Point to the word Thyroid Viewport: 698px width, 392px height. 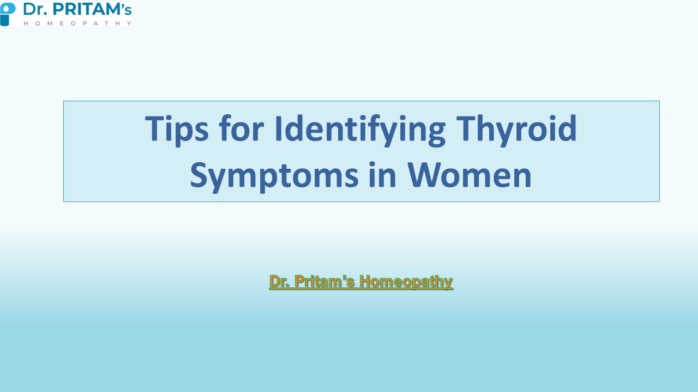[516, 129]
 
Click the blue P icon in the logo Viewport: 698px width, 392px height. [8, 14]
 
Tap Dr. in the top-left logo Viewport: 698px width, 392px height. [36, 10]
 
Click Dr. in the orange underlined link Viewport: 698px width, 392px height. [279, 281]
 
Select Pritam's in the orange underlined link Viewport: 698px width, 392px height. [324, 281]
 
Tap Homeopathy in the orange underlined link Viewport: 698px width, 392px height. [406, 281]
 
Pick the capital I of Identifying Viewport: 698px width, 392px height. [278, 129]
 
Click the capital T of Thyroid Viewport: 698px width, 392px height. [466, 129]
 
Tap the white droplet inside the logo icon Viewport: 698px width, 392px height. [6, 8]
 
